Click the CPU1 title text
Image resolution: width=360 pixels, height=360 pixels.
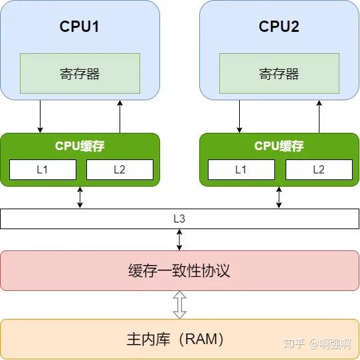point(80,27)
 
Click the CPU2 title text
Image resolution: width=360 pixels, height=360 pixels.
point(279,27)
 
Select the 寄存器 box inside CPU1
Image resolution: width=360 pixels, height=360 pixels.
point(80,73)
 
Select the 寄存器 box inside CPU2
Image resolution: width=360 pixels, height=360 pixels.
point(279,73)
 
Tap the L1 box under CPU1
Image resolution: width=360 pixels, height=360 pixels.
point(43,169)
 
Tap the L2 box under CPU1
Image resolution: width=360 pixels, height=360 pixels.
point(120,169)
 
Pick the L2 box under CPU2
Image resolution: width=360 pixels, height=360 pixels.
point(319,169)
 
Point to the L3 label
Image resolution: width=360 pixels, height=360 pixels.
point(179,218)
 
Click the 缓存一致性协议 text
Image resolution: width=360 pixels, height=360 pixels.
point(179,270)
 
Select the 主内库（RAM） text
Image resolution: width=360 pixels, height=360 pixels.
point(175,339)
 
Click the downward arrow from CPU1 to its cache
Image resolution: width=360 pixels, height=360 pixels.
point(41,116)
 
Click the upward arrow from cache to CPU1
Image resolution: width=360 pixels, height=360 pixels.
point(120,116)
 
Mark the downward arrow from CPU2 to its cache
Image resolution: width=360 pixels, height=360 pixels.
point(240,116)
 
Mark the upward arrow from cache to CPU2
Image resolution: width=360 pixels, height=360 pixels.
point(319,116)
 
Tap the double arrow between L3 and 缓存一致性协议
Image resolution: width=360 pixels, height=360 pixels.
point(179,239)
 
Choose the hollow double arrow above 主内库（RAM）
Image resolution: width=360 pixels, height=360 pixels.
point(179,305)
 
